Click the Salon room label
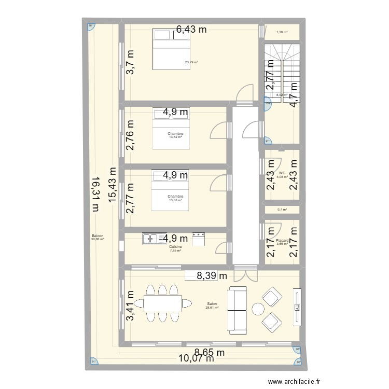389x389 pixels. [212, 304]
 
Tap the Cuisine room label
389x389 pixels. [175, 247]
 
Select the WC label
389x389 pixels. [282, 173]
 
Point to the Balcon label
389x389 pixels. [97, 236]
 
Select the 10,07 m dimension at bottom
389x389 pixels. [196, 357]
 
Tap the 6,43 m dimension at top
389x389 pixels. [191, 30]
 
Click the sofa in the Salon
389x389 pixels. [238, 310]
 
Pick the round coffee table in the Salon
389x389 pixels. [258, 310]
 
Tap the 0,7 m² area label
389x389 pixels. [282, 210]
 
